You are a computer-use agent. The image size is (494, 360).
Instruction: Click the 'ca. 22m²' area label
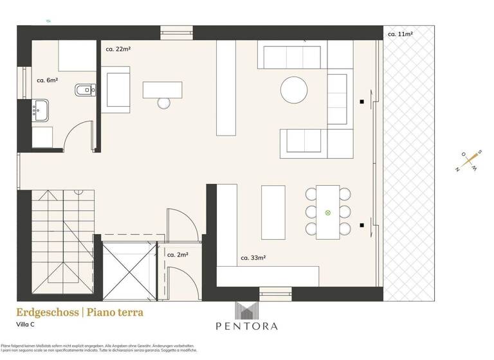[x=118, y=48]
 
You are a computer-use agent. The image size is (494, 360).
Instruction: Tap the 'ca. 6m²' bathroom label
[x=48, y=81]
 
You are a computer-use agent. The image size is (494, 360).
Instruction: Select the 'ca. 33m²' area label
[x=253, y=258]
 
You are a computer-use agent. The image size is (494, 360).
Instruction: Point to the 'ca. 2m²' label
[x=178, y=255]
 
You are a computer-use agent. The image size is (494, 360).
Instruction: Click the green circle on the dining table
[x=327, y=212]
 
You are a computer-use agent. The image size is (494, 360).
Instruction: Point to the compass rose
[x=468, y=160]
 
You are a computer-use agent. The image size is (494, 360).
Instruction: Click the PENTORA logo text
[x=248, y=326]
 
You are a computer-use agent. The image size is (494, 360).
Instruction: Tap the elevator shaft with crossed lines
[x=129, y=270]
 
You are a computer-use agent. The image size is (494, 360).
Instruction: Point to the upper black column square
[x=363, y=102]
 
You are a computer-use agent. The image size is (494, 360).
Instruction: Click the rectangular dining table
[x=327, y=212]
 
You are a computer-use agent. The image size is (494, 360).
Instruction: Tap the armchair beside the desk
[x=118, y=92]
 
